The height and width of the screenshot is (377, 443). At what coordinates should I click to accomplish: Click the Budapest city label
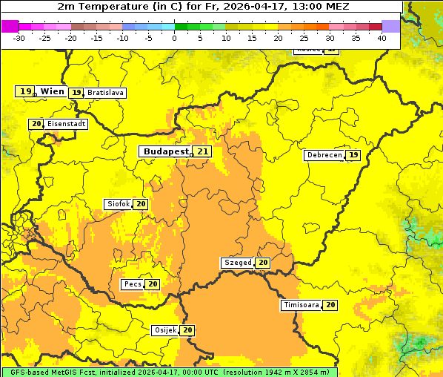point(166,151)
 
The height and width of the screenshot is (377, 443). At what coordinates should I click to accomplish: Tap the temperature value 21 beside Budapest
point(202,151)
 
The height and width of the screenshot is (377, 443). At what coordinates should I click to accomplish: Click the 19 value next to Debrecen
point(353,155)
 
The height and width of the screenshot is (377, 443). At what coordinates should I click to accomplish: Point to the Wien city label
point(52,91)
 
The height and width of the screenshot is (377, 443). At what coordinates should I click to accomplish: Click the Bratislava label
point(104,93)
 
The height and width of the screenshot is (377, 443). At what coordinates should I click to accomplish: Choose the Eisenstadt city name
point(66,124)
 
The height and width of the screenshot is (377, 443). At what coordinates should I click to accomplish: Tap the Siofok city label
point(118,204)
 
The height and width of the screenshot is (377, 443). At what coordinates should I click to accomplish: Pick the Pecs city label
point(133,284)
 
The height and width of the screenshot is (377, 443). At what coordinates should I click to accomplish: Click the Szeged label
point(237,263)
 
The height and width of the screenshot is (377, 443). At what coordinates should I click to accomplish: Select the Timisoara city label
point(301,305)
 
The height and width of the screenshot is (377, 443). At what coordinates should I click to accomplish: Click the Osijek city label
point(164,330)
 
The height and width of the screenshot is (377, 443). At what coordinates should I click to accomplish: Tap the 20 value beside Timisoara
point(330,305)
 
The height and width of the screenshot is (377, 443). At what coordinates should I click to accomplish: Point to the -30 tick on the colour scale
point(19,37)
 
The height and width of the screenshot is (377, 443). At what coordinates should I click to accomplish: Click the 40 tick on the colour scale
point(382,37)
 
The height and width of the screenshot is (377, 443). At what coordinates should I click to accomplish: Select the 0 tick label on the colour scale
point(175,37)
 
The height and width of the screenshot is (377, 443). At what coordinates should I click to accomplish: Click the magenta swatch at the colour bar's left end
point(10,26)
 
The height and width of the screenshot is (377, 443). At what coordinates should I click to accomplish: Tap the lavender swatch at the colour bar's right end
point(390,26)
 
